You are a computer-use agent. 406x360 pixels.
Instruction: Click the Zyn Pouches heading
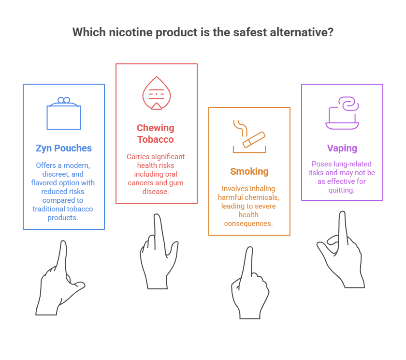pos(63,148)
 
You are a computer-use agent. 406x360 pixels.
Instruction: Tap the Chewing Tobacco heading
pos(156,134)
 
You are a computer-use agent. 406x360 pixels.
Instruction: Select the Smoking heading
pos(249,171)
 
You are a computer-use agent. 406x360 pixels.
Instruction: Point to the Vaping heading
pos(342,148)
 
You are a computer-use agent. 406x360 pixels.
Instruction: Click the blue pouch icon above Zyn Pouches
pos(63,113)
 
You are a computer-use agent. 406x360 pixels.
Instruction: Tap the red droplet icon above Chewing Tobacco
pos(156,93)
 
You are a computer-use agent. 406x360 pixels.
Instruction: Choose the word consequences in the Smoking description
pos(249,223)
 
